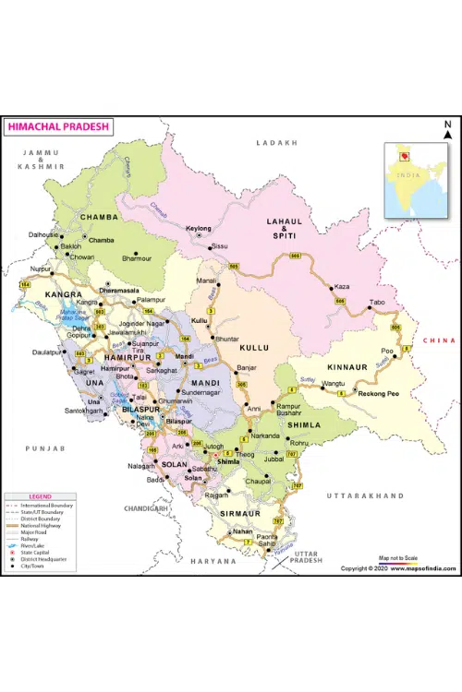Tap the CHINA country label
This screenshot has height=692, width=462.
(438, 340)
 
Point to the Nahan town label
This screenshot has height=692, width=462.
(242, 531)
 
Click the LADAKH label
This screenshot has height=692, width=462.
(278, 143)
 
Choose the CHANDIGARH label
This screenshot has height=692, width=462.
(147, 507)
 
